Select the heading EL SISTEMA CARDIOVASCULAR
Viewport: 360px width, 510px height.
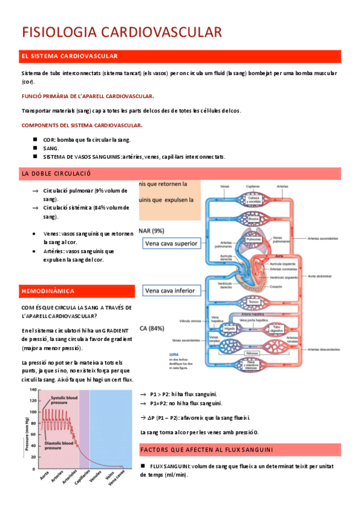click(69, 56)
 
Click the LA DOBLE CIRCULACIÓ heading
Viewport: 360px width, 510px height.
click(55, 173)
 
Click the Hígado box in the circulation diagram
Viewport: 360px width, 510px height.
click(230, 329)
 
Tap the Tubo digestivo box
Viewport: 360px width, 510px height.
click(277, 328)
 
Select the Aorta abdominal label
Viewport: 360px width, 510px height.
click(322, 277)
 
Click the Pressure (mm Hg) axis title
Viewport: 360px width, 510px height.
click(26, 432)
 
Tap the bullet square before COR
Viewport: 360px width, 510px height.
click(35, 138)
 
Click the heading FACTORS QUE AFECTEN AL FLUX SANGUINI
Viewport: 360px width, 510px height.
click(206, 449)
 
